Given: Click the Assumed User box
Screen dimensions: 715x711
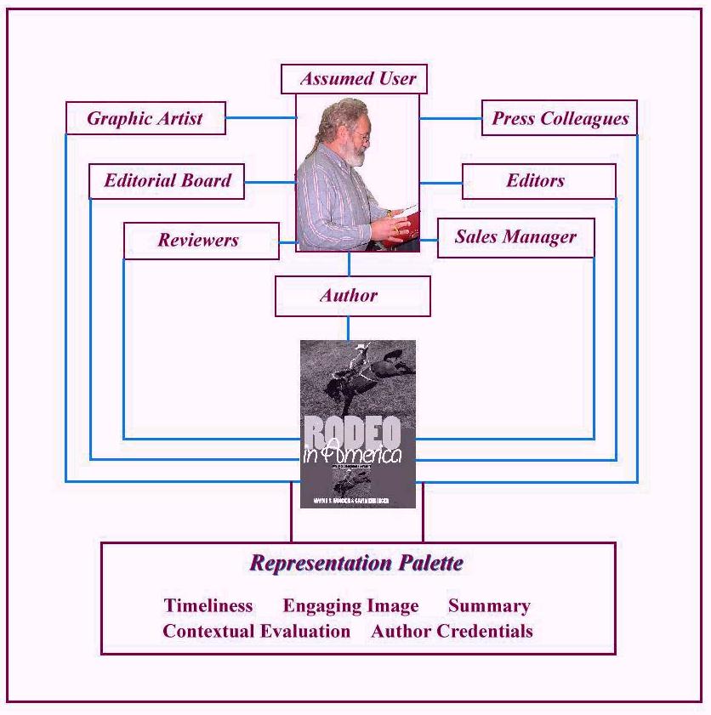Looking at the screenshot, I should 354,79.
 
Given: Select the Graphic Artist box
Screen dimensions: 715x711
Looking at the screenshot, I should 145,118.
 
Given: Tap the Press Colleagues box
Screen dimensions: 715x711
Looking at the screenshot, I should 560,118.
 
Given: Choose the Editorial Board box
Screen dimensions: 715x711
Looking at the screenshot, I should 167,180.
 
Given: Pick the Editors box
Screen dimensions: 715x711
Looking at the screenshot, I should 538,180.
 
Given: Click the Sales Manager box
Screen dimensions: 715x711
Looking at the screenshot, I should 515,237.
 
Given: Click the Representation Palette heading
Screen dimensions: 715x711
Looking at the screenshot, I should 356,563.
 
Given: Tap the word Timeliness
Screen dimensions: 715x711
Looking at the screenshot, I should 208,606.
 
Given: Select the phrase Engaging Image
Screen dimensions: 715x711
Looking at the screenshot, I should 350,606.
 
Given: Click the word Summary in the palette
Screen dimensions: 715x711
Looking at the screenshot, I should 489,606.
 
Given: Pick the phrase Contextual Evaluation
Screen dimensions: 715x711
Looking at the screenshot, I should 256,632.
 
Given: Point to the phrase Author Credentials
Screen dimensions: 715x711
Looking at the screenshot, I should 452,632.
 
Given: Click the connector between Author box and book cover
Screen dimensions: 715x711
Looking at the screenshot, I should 348,328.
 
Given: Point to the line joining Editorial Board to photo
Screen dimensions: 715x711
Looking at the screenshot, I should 270,181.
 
